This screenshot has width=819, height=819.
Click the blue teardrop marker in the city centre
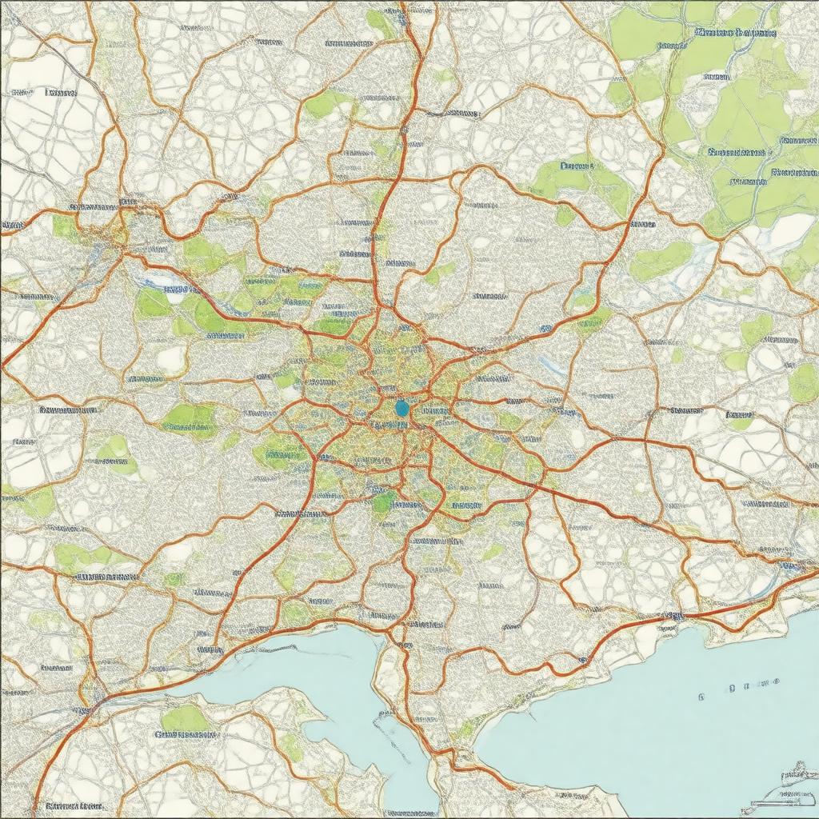[x=402, y=409]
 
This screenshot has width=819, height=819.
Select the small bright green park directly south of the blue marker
[x=384, y=501]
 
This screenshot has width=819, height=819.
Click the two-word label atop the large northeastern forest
[x=735, y=34]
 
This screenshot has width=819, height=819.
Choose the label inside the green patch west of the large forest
[x=577, y=167]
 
